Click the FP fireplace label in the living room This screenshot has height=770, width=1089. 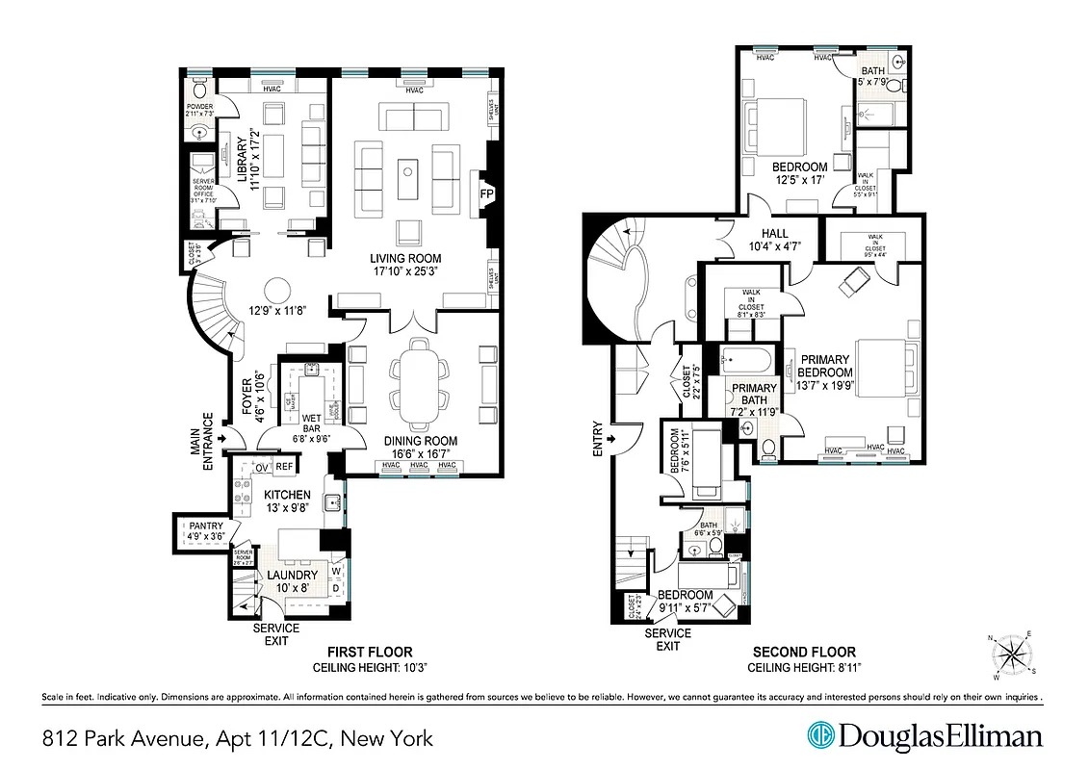tap(485, 192)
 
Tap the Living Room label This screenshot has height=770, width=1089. tap(405, 265)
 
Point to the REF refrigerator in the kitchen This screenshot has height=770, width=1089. tap(284, 467)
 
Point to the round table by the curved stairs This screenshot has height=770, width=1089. tap(278, 291)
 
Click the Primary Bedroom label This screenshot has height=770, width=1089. tap(826, 367)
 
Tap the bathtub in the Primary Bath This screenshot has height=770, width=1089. tap(746, 363)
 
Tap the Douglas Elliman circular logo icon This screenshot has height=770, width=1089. tap(819, 736)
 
